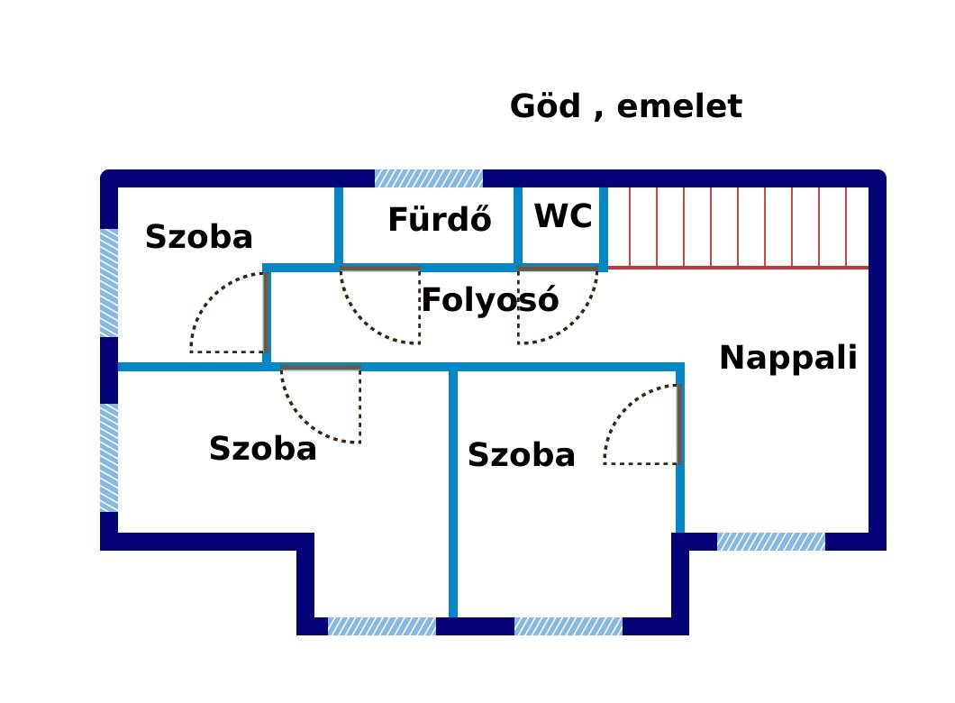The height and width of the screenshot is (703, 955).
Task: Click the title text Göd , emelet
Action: (626, 106)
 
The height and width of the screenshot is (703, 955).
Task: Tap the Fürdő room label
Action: (440, 219)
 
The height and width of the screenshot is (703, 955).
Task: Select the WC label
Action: (563, 215)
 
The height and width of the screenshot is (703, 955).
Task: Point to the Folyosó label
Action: (490, 300)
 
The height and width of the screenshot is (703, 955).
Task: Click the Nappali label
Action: (788, 358)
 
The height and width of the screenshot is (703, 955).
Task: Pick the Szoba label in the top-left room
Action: (198, 236)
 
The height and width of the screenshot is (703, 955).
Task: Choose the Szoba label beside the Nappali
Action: (522, 455)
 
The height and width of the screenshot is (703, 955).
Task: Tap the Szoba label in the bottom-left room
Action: (262, 449)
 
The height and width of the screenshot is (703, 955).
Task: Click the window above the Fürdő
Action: (429, 178)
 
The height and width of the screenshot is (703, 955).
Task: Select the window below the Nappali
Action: (771, 542)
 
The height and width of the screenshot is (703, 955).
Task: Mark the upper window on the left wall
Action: (109, 283)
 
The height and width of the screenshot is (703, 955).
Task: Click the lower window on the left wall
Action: (109, 458)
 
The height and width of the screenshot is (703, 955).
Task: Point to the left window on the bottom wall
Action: (383, 626)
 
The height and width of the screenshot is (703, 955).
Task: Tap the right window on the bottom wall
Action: (568, 626)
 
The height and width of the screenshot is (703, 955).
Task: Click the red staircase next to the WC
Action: (738, 228)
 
